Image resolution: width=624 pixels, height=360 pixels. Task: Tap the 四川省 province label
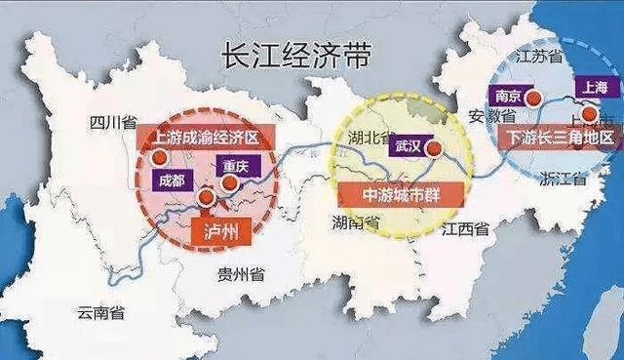111,122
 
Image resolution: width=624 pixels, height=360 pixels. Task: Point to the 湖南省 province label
357,224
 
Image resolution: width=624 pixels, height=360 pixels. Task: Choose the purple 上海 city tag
594,85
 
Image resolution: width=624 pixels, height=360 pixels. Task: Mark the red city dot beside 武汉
435,149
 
